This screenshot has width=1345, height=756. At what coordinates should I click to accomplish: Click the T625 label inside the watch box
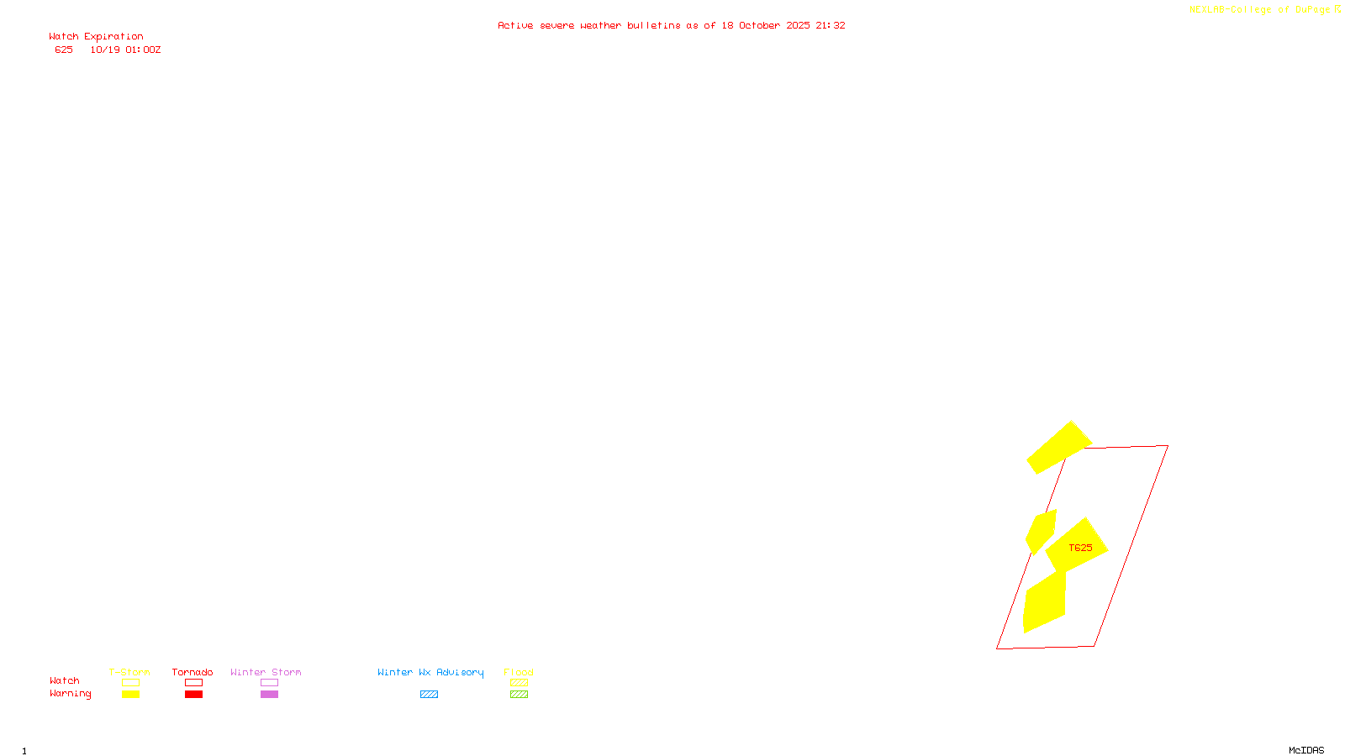coord(1080,548)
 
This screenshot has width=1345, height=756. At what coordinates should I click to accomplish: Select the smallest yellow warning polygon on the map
coord(1041,531)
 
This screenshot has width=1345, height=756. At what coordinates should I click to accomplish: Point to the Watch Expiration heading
coord(96,37)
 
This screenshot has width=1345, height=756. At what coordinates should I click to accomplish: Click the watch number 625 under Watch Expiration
coord(64,50)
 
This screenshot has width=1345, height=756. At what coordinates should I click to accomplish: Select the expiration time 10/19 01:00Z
coord(125,50)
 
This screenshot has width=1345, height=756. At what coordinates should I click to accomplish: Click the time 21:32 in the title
coord(830,26)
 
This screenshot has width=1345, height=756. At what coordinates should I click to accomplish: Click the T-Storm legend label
coord(129,672)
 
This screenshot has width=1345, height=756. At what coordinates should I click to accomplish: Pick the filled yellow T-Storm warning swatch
coord(130,695)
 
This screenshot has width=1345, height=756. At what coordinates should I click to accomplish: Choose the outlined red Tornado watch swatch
coord(193,683)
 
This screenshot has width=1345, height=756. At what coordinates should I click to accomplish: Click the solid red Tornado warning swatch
coord(193,695)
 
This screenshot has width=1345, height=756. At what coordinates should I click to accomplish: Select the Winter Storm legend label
coord(266,672)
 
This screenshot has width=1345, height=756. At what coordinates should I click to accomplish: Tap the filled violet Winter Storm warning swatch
coord(269,695)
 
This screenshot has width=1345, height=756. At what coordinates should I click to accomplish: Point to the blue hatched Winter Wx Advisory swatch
coord(429,695)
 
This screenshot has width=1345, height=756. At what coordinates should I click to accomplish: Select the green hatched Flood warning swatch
coord(519,695)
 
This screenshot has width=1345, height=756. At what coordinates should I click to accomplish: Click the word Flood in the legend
coord(519,672)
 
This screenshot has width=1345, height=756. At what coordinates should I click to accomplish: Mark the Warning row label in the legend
coord(70,694)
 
